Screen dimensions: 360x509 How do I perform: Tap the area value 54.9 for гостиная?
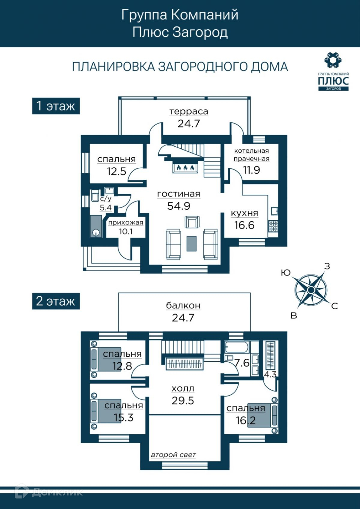click(x=178, y=206)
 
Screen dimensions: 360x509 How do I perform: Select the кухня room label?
click(x=244, y=213)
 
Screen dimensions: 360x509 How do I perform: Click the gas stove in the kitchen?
click(x=273, y=226)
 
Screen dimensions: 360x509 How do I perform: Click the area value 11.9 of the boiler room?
click(x=252, y=170)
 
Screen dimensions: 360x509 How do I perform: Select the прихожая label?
click(x=126, y=223)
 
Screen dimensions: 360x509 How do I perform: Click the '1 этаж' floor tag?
click(x=56, y=106)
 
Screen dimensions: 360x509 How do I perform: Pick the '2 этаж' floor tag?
click(x=56, y=301)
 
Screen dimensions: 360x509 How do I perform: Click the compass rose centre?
click(x=311, y=290)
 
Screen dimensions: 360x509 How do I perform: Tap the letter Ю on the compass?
click(x=286, y=272)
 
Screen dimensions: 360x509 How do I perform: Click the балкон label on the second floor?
click(x=183, y=306)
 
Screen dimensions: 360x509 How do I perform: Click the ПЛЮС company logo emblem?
click(x=333, y=60)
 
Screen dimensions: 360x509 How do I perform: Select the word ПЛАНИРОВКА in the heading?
click(x=113, y=67)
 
